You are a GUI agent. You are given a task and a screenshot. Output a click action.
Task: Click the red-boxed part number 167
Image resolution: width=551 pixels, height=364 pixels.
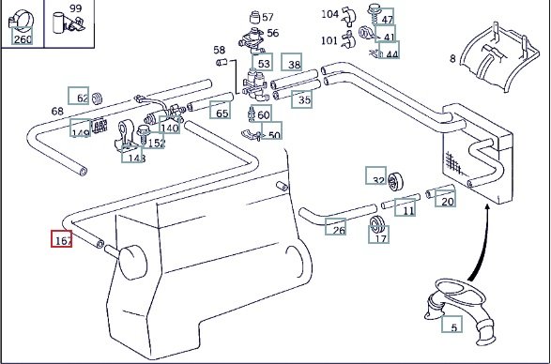62,239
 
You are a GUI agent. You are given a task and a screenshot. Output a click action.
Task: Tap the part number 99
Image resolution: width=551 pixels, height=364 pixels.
75,8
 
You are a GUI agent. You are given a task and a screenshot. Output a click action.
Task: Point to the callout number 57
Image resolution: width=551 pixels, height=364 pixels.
268,17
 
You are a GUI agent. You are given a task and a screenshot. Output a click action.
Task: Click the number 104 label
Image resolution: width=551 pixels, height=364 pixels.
330,14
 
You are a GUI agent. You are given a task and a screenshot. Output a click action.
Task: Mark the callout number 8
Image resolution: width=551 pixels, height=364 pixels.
452,58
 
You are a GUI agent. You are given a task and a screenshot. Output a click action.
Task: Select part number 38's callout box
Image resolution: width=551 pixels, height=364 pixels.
291,62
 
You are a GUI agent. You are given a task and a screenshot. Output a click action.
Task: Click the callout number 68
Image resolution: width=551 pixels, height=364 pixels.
57,112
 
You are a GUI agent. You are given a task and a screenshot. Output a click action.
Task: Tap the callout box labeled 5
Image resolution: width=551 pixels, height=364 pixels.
452,324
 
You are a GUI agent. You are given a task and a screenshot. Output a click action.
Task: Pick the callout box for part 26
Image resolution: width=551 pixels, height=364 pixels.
335,227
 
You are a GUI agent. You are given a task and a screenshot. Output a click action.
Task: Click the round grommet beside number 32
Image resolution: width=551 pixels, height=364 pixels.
395,182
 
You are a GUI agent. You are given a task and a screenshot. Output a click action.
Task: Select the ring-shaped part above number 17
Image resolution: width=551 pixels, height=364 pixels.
377,224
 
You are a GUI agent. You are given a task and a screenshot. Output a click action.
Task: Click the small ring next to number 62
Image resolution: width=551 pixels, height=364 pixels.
97,99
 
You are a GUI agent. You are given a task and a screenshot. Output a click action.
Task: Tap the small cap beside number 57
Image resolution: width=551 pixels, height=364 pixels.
254,17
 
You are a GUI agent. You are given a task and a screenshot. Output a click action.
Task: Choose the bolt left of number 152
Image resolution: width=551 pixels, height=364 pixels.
143,135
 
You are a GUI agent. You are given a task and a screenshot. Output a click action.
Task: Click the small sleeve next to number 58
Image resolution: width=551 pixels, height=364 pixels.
222,63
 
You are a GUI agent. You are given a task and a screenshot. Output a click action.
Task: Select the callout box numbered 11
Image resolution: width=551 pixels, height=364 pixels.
405,207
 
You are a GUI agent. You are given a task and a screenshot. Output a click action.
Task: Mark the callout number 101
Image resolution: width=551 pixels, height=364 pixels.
329,40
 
